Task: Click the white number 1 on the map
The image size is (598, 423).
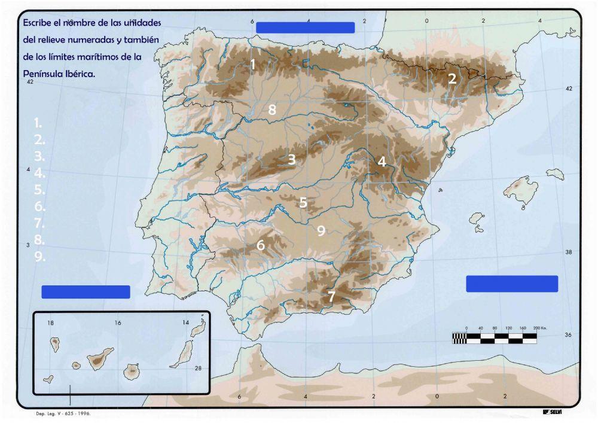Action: click(253, 64)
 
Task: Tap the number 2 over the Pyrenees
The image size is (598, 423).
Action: click(452, 78)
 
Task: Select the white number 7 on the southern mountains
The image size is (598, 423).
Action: click(331, 296)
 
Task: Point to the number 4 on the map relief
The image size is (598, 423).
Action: click(382, 161)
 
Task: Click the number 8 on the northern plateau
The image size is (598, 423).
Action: click(272, 109)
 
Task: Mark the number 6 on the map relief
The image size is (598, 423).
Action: click(261, 245)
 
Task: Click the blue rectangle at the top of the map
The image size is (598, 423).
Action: click(305, 28)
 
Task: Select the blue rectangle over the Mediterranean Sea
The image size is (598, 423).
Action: click(512, 284)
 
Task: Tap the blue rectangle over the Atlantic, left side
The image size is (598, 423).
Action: click(86, 292)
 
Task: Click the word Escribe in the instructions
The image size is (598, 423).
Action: click(38, 23)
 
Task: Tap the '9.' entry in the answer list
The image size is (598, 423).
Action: click(40, 256)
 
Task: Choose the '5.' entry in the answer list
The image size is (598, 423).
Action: click(40, 190)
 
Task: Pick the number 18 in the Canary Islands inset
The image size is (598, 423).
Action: click(51, 323)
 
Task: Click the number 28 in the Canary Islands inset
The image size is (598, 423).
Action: click(199, 368)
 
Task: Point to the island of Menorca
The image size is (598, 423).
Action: click(555, 174)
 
